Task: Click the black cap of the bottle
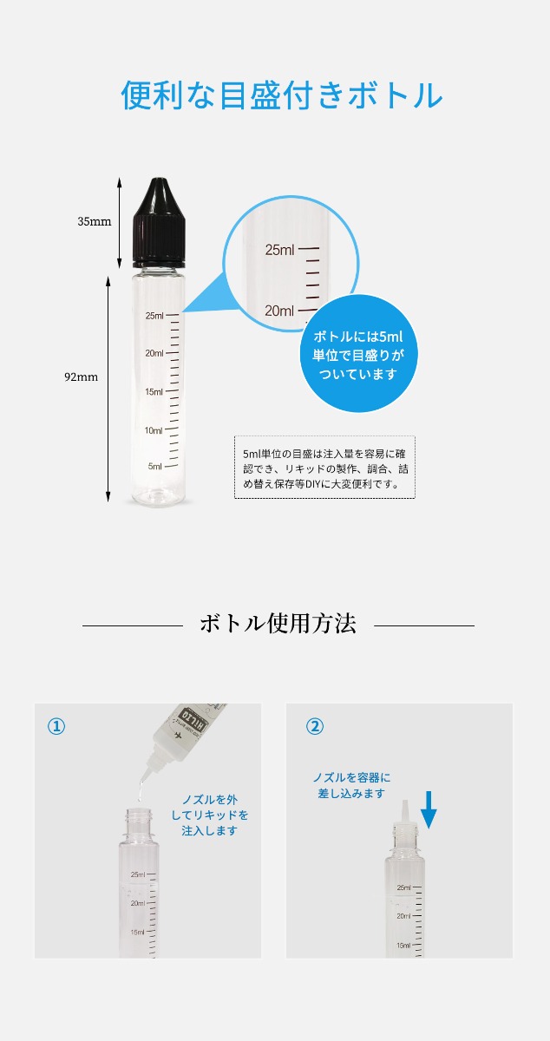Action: [x=160, y=223]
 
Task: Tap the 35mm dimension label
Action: [x=95, y=222]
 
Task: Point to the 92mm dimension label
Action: [x=81, y=376]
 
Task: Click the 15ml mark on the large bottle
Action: [x=154, y=392]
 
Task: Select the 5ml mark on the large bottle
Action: [x=154, y=466]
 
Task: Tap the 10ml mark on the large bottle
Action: [x=154, y=430]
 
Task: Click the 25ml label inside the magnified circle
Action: [x=280, y=250]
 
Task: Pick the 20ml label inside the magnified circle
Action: [x=279, y=311]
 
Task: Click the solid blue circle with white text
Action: [x=358, y=354]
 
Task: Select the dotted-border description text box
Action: [x=324, y=468]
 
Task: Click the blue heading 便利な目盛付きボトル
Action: [x=282, y=95]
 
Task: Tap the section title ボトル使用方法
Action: [x=278, y=624]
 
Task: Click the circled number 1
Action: [x=56, y=726]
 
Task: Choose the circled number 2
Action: [x=315, y=726]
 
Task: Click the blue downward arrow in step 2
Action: [x=429, y=810]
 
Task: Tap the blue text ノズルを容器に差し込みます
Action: [x=351, y=785]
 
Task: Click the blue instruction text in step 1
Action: [x=210, y=815]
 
